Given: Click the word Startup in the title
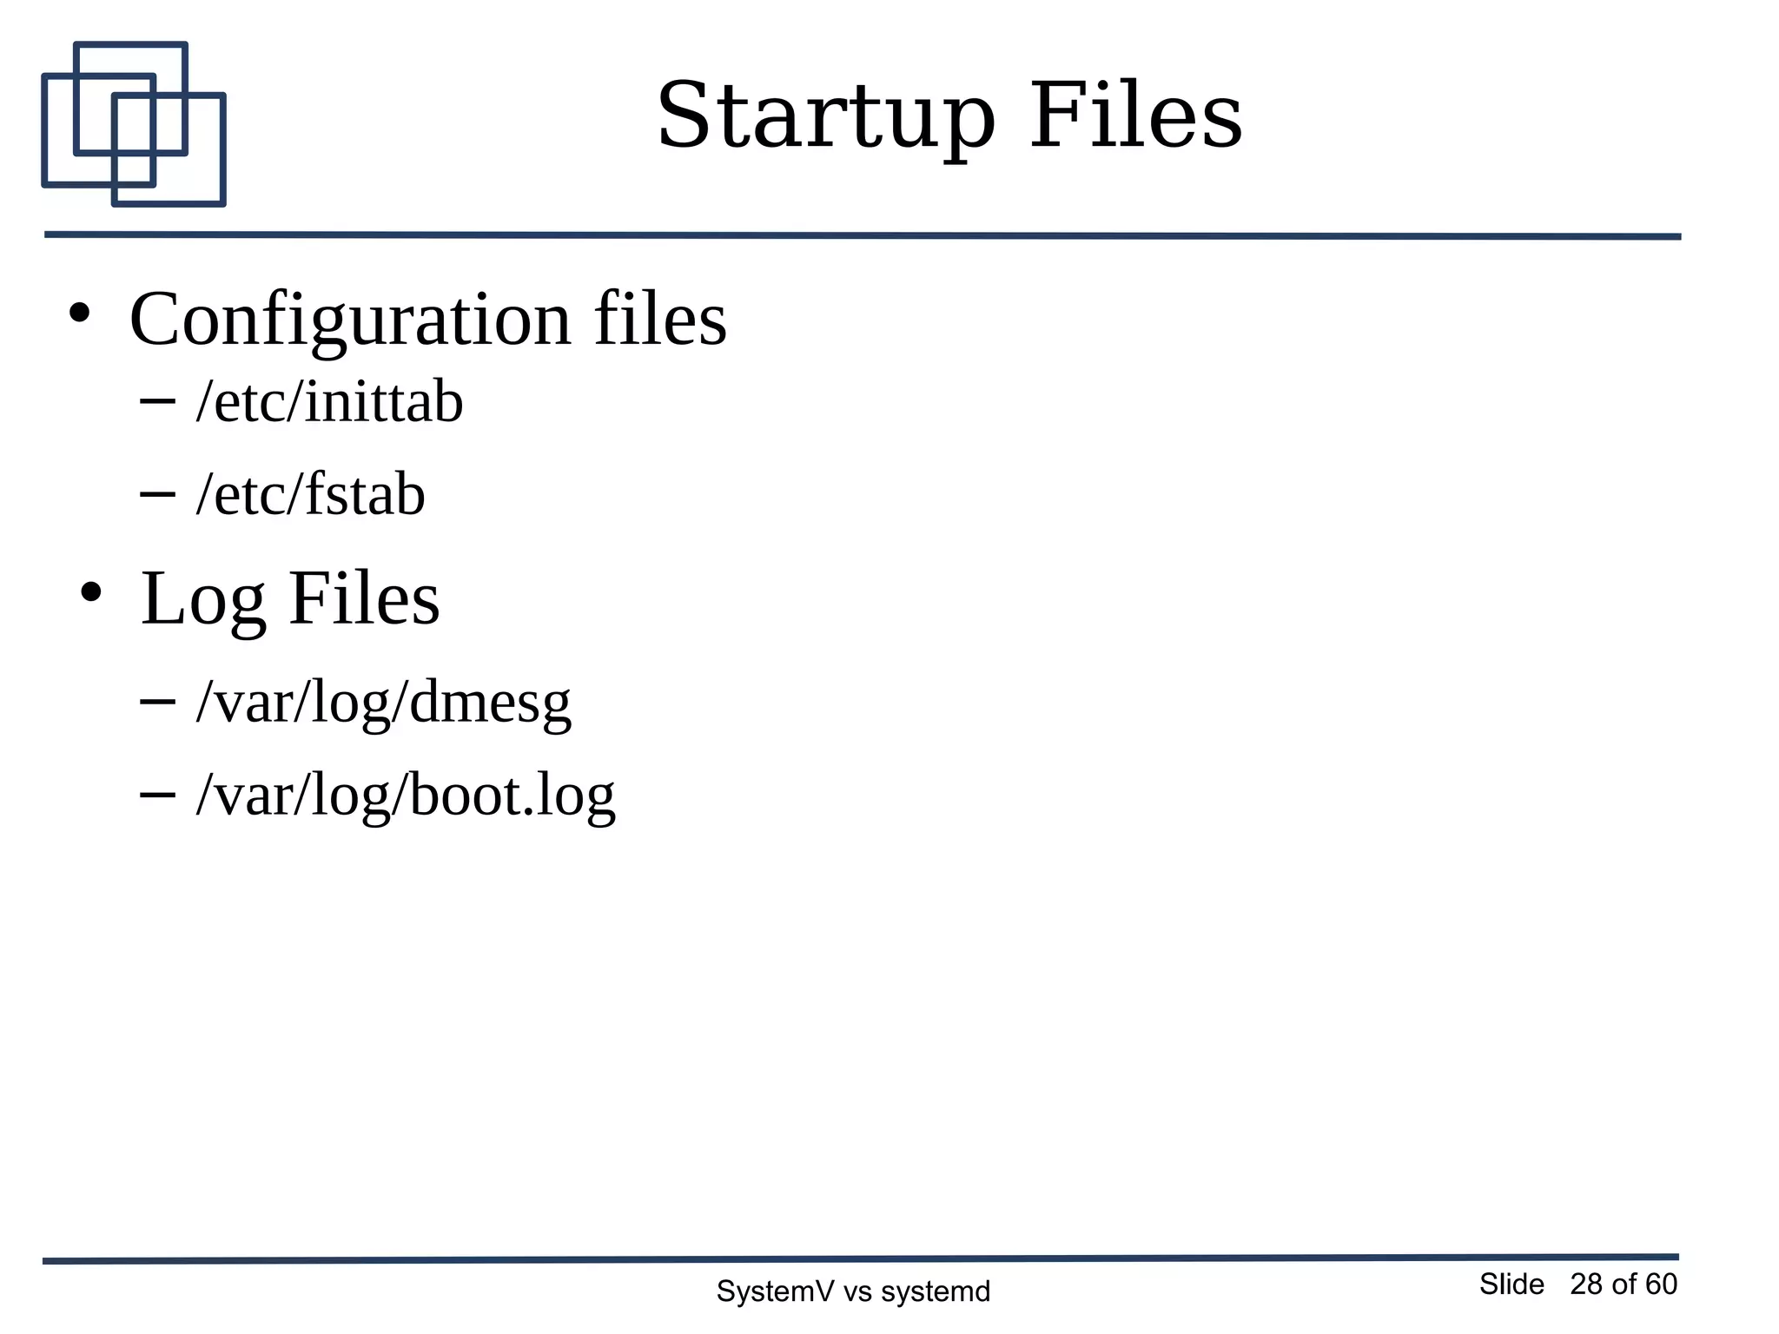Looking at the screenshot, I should pos(824,117).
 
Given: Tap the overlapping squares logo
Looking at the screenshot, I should pos(134,124).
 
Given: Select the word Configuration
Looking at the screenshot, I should pos(350,320).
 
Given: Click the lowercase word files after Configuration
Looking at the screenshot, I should pos(660,319).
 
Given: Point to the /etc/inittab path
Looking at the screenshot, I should pos(329,402).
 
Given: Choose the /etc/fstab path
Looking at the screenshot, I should pos(310,495).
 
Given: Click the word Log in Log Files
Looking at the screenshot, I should pos(202,600).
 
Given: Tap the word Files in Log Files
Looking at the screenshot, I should pos(364,598).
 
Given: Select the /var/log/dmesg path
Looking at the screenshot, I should pos(383,702).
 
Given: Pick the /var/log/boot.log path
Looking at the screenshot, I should pos(406,795).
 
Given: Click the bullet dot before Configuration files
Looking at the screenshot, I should pos(80,314).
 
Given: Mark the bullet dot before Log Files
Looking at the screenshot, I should pos(90,593).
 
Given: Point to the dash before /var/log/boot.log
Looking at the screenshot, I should pos(157,793).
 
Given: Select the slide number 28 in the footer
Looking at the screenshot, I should pos(1586,1284).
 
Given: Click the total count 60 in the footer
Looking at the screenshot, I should pos(1661,1284).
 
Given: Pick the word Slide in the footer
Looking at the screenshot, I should pos(1511,1284).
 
